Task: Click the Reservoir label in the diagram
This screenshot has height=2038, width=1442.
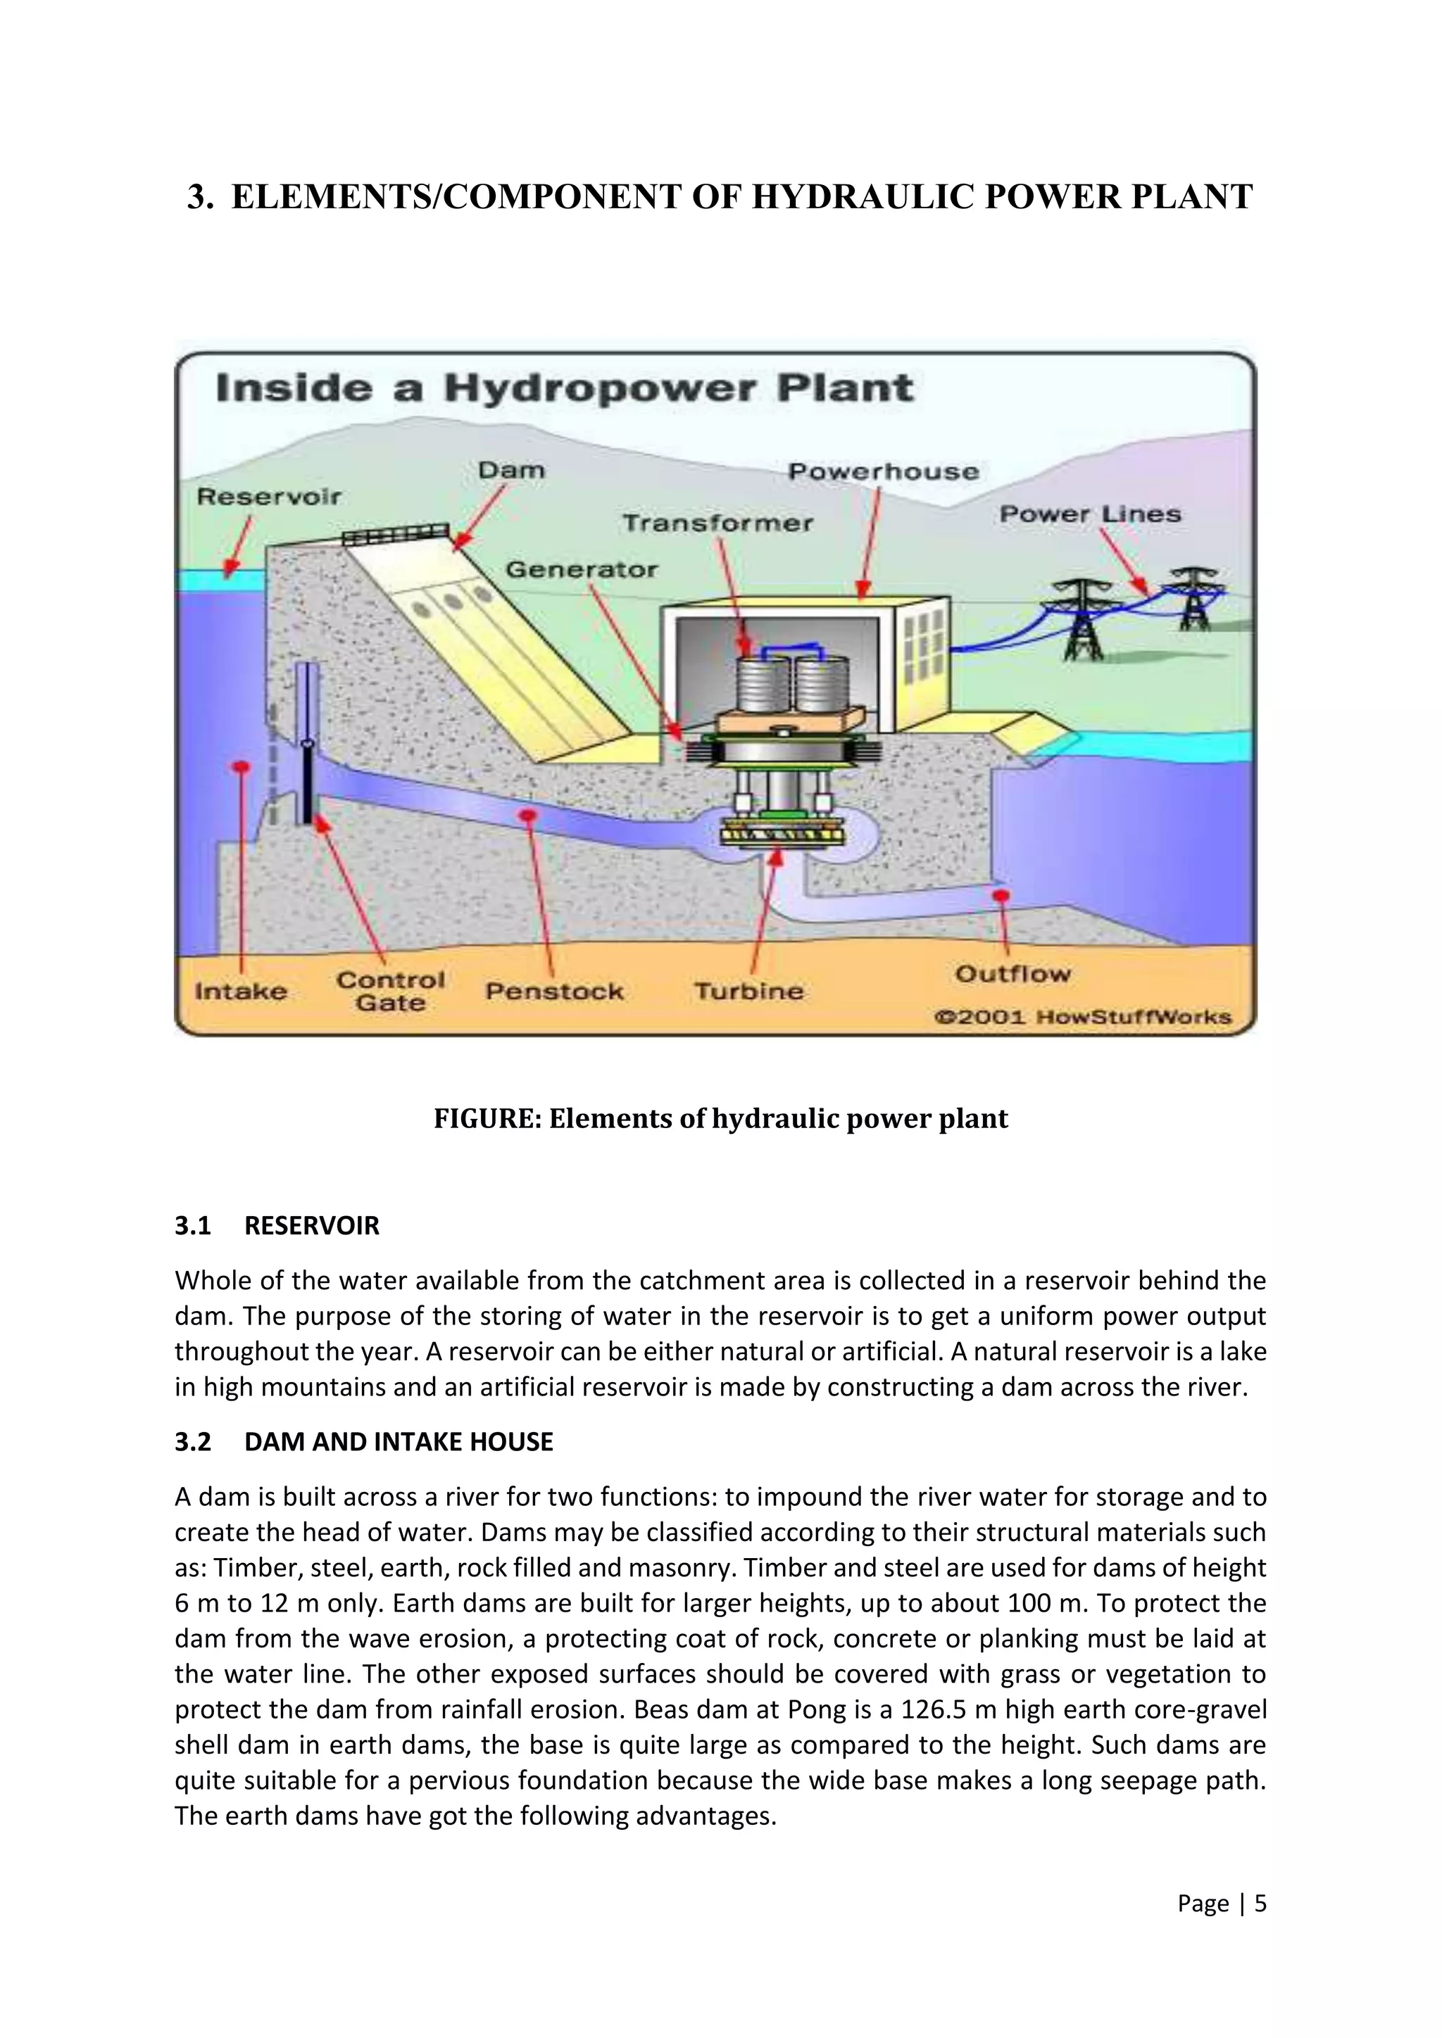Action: click(268, 496)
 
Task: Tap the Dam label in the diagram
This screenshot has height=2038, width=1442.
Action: click(511, 471)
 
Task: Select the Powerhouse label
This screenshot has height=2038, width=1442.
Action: click(884, 471)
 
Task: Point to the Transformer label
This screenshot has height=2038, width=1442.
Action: click(717, 523)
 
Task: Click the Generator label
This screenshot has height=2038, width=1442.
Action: click(582, 569)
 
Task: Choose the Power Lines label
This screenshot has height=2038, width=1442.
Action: click(1091, 514)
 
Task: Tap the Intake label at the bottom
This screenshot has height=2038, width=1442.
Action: click(241, 991)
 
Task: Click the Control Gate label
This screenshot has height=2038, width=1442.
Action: click(391, 992)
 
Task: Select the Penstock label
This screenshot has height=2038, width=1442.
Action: click(554, 991)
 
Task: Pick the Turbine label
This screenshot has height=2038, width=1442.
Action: click(748, 991)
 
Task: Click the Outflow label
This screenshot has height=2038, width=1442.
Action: click(1013, 974)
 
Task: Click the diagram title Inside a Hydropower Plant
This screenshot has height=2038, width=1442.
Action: click(565, 388)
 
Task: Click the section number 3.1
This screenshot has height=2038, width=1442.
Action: click(193, 1226)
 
